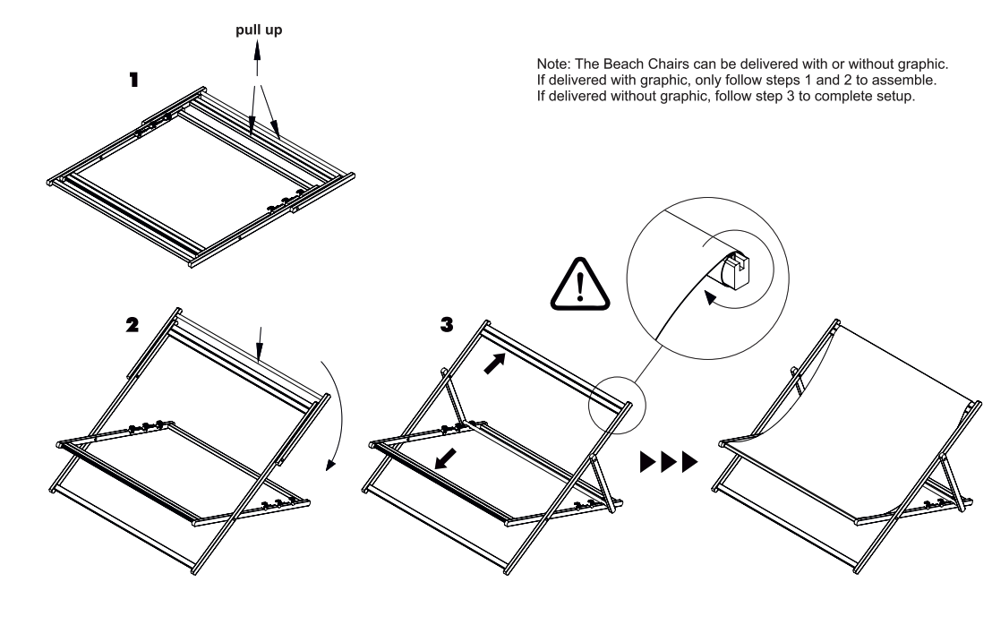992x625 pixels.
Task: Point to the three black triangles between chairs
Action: [x=668, y=462]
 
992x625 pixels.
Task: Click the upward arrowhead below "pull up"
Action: [x=257, y=53]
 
